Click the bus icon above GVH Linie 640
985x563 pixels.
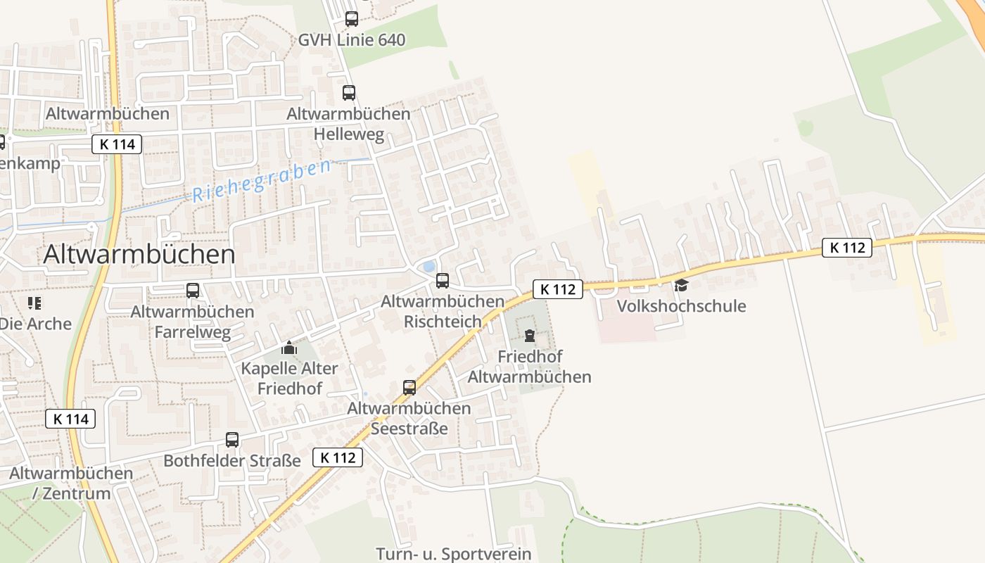351,19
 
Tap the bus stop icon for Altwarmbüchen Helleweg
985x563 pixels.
348,92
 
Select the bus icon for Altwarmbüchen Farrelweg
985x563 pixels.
192,290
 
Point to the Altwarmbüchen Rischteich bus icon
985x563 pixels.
442,280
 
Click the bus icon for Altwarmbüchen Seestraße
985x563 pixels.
409,387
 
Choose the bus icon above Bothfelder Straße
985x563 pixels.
232,440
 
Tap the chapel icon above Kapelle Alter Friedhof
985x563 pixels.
289,348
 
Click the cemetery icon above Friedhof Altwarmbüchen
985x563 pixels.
529,336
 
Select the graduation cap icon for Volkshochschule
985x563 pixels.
681,285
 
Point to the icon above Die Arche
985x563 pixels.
34,303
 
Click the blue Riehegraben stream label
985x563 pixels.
261,181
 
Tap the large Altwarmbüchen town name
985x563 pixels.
139,254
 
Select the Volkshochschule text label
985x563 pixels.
681,306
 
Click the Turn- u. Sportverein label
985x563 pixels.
454,554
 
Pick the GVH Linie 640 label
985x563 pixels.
352,40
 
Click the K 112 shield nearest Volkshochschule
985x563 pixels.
558,289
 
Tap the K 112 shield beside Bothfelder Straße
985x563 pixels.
338,457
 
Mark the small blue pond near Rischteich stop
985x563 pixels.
428,267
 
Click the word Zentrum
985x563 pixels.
77,493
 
